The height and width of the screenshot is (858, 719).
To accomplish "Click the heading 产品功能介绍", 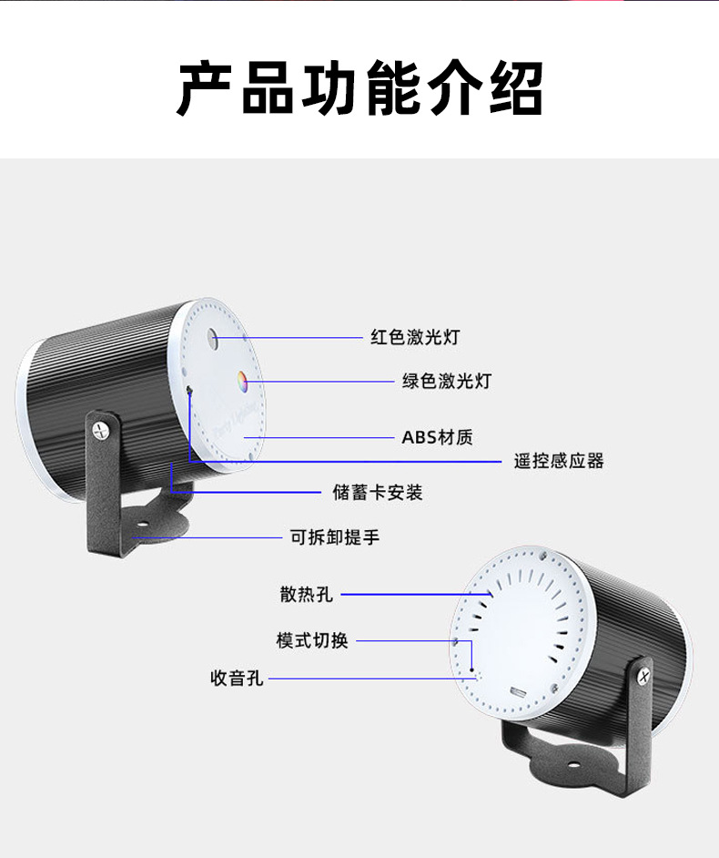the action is pos(359,88).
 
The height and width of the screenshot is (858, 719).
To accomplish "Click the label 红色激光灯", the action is pos(415,337).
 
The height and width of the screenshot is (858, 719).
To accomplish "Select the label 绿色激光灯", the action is pos(446,381).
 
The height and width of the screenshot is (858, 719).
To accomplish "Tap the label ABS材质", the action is pos(437,437).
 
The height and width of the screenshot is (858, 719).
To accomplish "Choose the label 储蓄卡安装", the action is pos(378,493).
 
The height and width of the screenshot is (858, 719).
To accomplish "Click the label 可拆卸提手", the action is pos(335,537).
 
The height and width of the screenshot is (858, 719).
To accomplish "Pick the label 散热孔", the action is pos(307,595).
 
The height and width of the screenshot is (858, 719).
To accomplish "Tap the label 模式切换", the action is pos(312,640).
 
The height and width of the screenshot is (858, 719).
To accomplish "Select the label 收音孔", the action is pos(237,679).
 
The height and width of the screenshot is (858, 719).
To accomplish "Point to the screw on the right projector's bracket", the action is pos(644,675).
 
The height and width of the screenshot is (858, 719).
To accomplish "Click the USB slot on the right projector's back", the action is pos(520,692).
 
